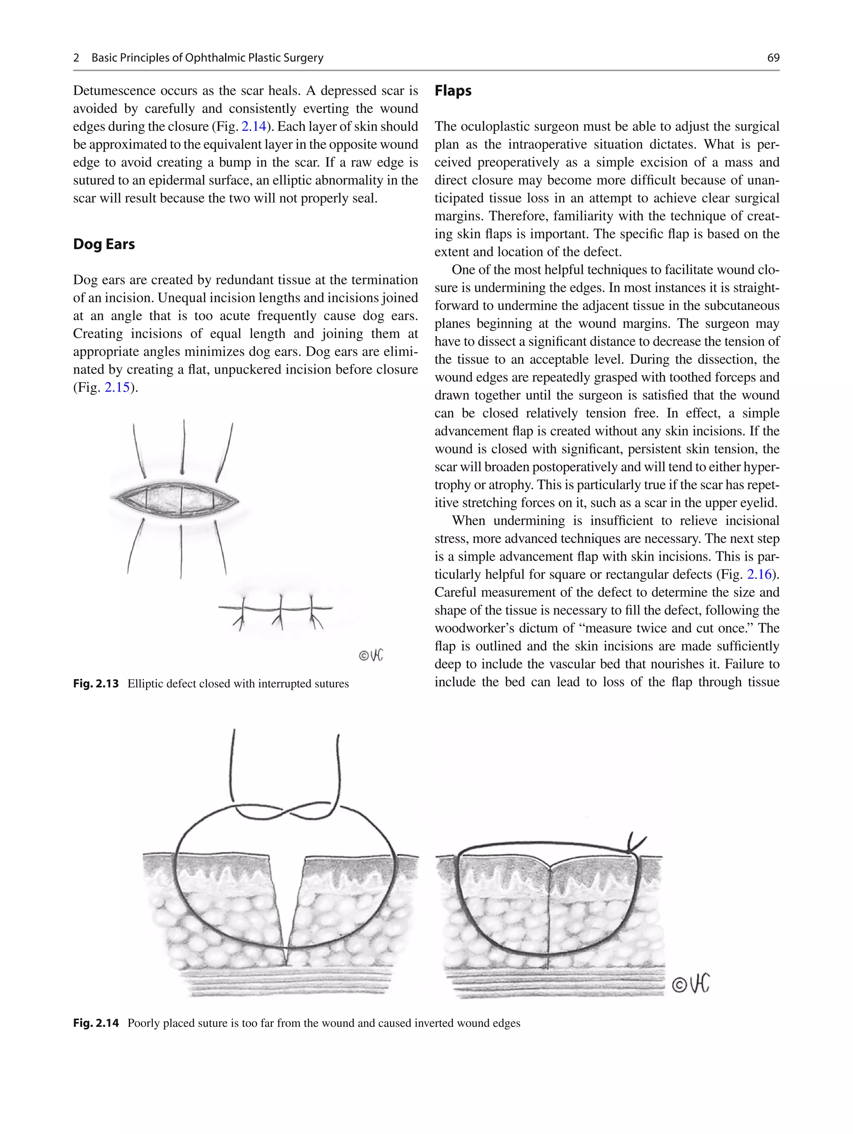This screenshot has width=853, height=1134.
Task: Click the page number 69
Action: pos(773,58)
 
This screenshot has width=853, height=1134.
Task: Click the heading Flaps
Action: pos(453,91)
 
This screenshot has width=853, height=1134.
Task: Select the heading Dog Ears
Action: pos(104,244)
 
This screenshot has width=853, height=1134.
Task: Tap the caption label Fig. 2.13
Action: pos(96,683)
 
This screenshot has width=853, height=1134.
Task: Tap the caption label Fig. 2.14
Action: pos(96,1023)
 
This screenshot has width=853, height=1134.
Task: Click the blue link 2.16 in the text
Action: pos(759,574)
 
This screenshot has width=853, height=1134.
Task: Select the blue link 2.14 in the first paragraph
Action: pos(254,127)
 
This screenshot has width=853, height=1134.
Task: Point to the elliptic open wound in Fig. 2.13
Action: pos(175,498)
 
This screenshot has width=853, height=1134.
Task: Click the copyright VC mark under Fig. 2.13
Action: pos(371,655)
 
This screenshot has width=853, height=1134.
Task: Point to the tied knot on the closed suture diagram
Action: pos(634,846)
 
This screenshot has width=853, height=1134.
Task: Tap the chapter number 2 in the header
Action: pos(76,58)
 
